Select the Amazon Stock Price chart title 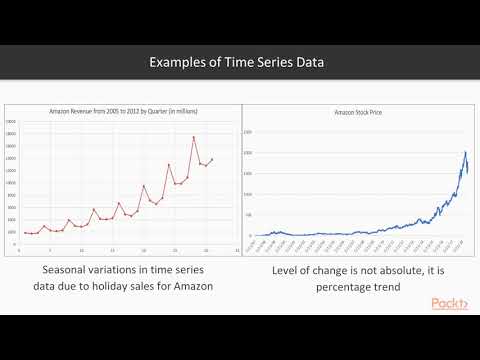358,115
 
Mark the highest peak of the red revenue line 193,137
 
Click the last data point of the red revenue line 212,159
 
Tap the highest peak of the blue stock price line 466,152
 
